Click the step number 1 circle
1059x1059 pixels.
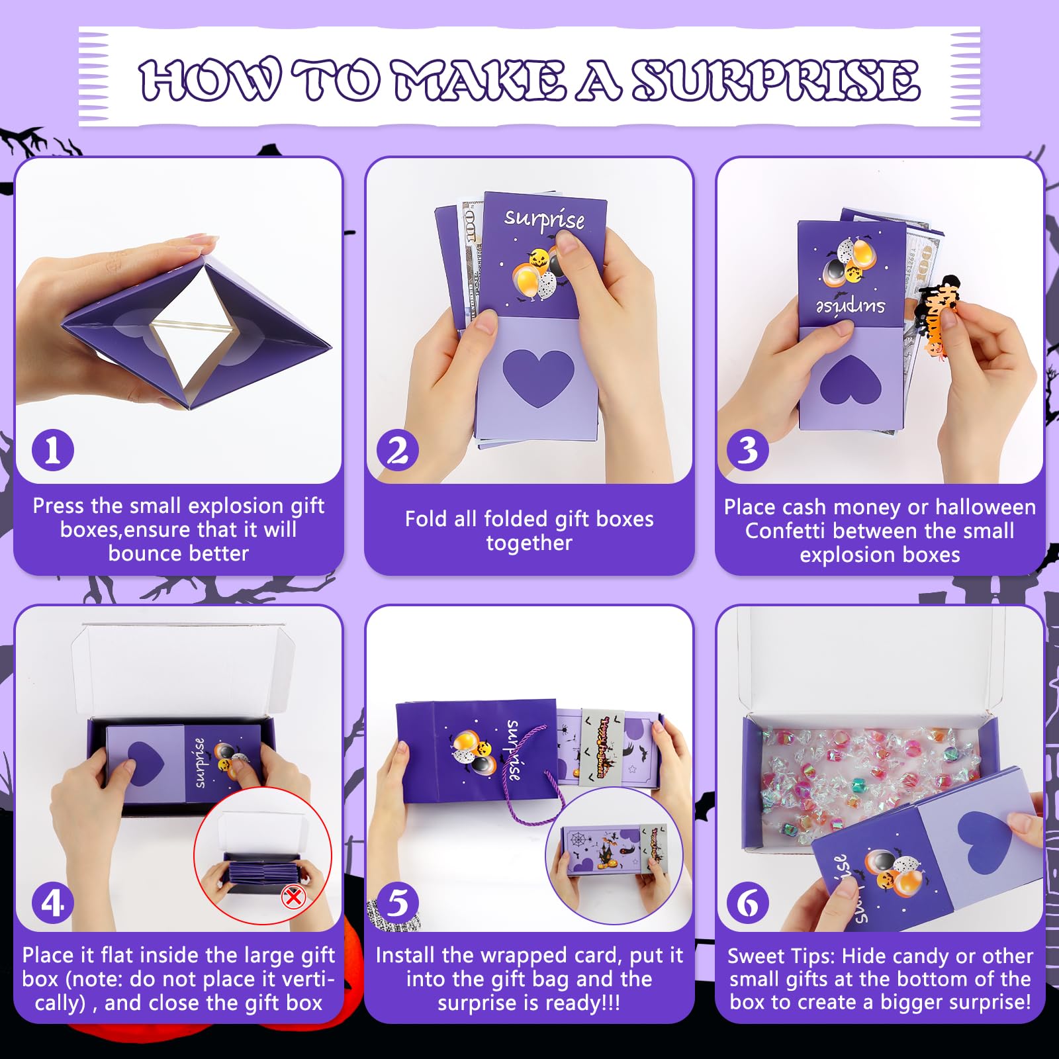tap(53, 450)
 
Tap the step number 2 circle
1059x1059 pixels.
tap(398, 450)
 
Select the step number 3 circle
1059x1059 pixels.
tap(748, 450)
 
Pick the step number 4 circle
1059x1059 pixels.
tap(53, 903)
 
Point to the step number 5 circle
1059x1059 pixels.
tap(398, 903)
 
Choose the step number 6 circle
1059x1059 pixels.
tap(748, 903)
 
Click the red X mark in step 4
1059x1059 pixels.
tap(293, 898)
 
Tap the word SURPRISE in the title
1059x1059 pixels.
tap(775, 80)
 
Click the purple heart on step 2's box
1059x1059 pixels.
tap(538, 377)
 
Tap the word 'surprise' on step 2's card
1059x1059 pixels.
tap(544, 219)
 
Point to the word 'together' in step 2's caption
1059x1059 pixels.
tap(529, 543)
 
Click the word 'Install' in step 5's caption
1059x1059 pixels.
tap(406, 955)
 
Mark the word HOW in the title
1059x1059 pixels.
tap(210, 80)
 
